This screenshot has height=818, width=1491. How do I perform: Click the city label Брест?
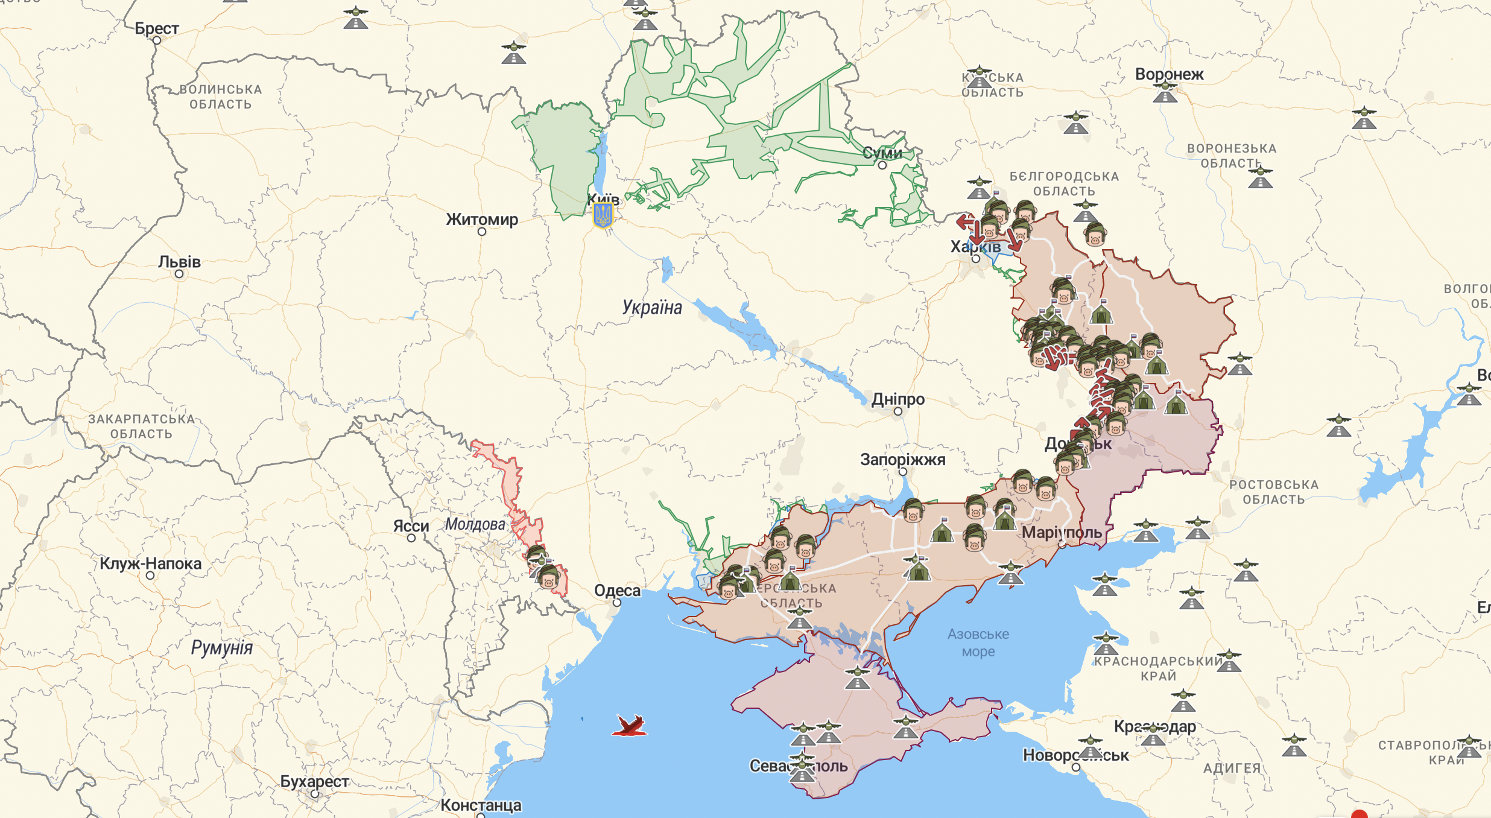156,28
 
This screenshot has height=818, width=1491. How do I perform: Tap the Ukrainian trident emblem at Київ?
603,215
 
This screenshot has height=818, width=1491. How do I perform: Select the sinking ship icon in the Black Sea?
630,726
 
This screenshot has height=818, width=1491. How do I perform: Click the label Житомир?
482,219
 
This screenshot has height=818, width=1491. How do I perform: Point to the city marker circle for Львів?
179,274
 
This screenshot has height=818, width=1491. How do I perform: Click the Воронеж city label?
1169,74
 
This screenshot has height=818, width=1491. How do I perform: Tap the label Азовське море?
978,642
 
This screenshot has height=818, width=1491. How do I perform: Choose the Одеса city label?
617,590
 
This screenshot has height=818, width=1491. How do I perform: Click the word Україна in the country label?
652,307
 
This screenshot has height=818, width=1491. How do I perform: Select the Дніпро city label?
897,399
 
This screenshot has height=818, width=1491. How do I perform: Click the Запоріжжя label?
902,459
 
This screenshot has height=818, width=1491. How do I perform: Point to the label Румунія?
221,647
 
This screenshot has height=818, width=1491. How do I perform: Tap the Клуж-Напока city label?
150,563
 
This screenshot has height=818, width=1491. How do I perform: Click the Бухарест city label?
314,781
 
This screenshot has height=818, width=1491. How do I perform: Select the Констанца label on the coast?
481,805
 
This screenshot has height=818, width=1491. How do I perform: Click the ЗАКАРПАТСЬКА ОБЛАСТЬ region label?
141,426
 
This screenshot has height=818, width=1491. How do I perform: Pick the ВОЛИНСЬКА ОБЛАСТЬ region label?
221,97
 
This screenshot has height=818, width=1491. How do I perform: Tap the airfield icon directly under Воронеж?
1165,92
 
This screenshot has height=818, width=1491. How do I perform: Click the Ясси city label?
411,526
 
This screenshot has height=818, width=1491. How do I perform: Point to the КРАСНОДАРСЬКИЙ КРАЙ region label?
1158,668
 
